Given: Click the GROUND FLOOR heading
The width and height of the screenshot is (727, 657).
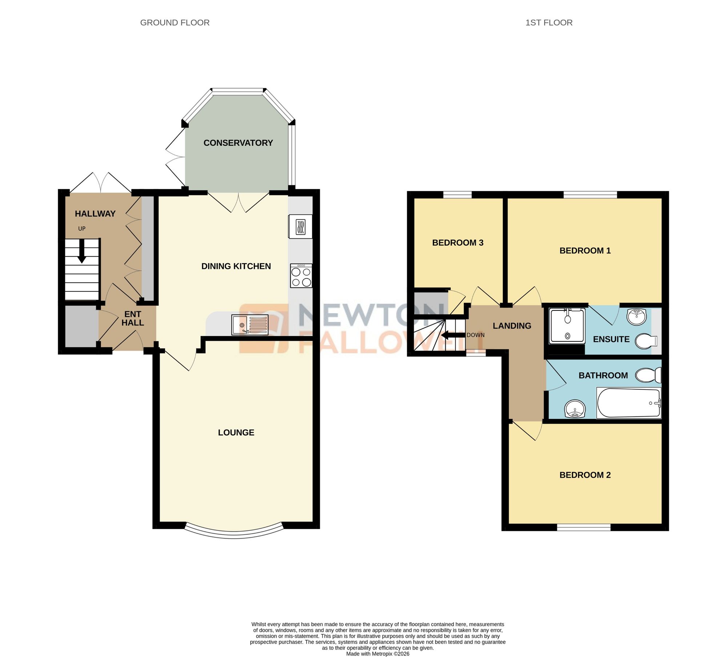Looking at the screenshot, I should [x=175, y=23].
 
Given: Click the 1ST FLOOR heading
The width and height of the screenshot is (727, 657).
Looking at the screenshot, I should [x=549, y=23].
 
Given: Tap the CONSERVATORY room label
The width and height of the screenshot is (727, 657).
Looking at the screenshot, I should [x=238, y=143].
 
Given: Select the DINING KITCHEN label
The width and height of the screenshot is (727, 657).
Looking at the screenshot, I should [x=236, y=266].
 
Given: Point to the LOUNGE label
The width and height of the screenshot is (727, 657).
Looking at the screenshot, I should [x=236, y=432].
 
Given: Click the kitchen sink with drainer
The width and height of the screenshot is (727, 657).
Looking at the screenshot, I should [x=250, y=325].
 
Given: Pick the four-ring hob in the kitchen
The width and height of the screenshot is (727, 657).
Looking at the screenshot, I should [x=301, y=276].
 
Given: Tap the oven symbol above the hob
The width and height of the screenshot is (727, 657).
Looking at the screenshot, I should [x=301, y=227].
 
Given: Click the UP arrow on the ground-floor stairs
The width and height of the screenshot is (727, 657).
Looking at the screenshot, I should [x=82, y=251].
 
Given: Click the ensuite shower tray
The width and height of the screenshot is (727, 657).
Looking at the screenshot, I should [x=567, y=326].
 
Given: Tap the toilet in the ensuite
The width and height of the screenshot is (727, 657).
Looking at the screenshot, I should [x=646, y=341].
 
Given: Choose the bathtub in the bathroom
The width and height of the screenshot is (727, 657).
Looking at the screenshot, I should [x=628, y=403].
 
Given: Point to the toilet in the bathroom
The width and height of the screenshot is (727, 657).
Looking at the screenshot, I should [x=648, y=375].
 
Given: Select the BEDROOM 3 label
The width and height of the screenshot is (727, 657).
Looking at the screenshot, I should [x=458, y=243].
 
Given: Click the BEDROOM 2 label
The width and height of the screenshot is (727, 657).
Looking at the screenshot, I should [x=585, y=475].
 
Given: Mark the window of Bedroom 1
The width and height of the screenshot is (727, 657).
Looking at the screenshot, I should [x=590, y=195].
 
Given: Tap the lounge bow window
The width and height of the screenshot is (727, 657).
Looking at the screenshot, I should [x=234, y=535].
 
